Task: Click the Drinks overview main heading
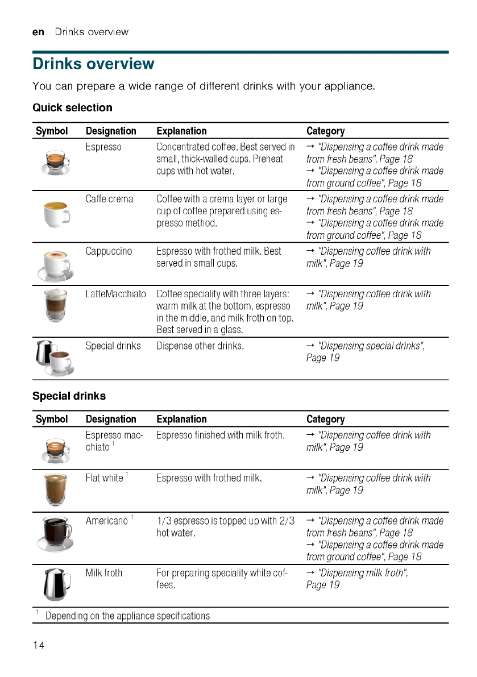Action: (x=93, y=64)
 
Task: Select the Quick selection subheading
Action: (x=72, y=107)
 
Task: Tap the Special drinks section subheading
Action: (x=69, y=396)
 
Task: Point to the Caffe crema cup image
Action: (x=56, y=214)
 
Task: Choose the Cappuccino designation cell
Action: (x=109, y=251)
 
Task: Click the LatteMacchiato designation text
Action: (x=115, y=294)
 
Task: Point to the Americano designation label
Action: (x=107, y=521)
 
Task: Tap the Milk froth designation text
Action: (x=103, y=573)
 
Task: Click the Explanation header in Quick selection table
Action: (x=181, y=131)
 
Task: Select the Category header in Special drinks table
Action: (x=325, y=419)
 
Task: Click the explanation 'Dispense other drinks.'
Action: (x=200, y=346)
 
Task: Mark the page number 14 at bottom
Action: (x=38, y=645)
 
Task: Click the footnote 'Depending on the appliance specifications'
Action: (x=127, y=616)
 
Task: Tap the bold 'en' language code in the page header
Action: (x=38, y=32)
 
